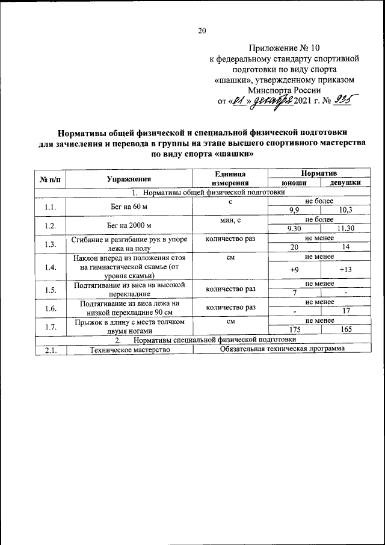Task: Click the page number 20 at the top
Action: pyautogui.click(x=202, y=31)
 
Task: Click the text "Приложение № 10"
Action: pyautogui.click(x=281, y=48)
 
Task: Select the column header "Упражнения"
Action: pyautogui.click(x=129, y=179)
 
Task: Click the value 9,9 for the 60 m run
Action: pyautogui.click(x=295, y=210)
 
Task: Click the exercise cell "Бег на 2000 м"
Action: pyautogui.click(x=129, y=225)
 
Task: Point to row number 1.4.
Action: pyautogui.click(x=50, y=267)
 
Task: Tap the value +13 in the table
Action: pyautogui.click(x=345, y=270)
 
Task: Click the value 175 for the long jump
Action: pyautogui.click(x=295, y=330)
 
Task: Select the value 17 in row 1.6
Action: pyautogui.click(x=345, y=311)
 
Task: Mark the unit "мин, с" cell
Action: pyautogui.click(x=230, y=221)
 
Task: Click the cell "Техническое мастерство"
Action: pyautogui.click(x=129, y=349)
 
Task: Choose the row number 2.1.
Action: pyautogui.click(x=50, y=349)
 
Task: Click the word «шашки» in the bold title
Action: pyautogui.click(x=229, y=154)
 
